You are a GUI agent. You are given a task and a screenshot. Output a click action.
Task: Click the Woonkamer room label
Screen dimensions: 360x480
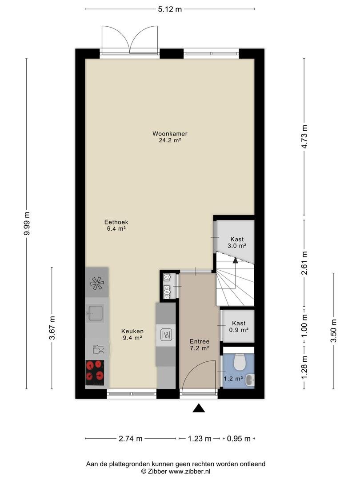(x=170, y=134)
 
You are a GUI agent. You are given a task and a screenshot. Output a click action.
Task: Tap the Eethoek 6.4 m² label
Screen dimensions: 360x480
(x=116, y=225)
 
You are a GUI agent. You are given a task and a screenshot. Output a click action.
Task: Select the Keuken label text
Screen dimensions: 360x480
(x=132, y=331)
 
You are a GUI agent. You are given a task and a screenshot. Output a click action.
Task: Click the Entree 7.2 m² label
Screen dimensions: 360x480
(x=199, y=345)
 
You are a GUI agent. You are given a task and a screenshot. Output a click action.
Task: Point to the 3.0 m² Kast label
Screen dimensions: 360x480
(x=237, y=243)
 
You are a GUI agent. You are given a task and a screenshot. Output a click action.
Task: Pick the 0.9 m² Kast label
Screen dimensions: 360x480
(x=239, y=327)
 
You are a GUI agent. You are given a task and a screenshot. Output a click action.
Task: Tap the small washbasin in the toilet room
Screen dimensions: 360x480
(x=250, y=380)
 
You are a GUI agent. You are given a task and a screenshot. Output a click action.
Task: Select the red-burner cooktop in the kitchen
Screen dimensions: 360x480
(x=95, y=372)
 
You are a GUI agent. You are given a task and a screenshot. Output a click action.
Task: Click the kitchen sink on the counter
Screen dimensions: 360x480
(x=96, y=313)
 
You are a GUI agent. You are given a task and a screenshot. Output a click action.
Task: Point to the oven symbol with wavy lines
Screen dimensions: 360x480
(x=165, y=335)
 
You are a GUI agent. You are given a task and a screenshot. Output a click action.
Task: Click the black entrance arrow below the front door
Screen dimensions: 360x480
(x=199, y=408)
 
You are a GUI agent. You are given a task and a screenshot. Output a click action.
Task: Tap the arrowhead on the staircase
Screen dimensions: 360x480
(x=235, y=260)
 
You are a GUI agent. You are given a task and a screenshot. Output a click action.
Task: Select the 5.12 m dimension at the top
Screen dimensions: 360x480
(x=170, y=9)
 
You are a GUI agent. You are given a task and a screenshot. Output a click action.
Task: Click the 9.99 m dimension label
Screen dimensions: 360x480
(x=27, y=224)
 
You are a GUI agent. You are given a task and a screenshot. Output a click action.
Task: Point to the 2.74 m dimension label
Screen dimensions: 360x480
(x=131, y=439)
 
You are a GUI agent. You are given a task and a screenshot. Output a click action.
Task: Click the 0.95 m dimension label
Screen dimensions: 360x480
(x=239, y=439)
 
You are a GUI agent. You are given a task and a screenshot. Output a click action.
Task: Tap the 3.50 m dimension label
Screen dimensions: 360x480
(x=334, y=331)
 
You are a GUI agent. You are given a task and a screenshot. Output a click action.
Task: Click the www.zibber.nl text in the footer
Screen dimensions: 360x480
(x=190, y=472)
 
